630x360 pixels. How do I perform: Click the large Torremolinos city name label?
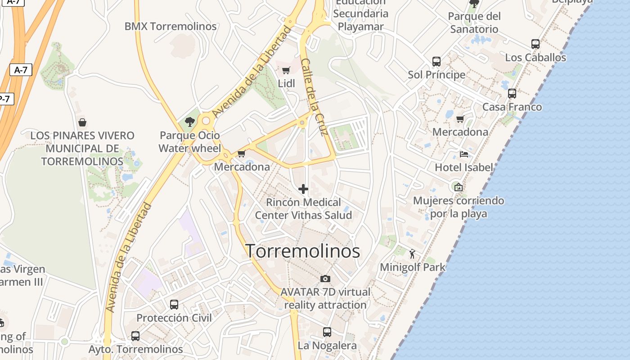tap(303, 251)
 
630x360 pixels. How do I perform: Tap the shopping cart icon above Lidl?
tap(286, 70)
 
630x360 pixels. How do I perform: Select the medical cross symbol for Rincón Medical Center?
tap(303, 189)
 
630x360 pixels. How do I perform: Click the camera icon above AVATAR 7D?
tap(325, 279)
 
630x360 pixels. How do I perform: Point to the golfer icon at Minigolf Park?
tap(412, 254)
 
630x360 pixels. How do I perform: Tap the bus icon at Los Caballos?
tap(535, 44)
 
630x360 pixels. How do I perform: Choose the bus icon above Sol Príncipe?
tap(436, 62)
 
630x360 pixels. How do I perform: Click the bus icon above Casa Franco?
tap(512, 94)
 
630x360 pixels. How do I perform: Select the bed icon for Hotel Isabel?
tap(464, 154)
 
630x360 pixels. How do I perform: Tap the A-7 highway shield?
tap(21, 70)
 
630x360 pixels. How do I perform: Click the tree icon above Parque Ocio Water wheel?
tap(190, 121)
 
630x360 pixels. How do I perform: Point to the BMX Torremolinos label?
tap(171, 27)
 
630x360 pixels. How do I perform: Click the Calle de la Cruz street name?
tap(313, 97)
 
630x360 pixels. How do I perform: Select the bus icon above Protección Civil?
tap(174, 305)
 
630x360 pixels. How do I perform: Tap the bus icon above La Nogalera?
tap(327, 333)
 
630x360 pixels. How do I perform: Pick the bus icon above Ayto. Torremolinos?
tap(135, 336)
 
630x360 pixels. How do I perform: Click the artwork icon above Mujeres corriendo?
tap(458, 187)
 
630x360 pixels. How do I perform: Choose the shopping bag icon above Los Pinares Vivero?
tap(82, 122)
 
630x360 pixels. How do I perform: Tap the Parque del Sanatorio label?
tap(474, 23)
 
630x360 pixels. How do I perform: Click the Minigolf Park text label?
tap(413, 267)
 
